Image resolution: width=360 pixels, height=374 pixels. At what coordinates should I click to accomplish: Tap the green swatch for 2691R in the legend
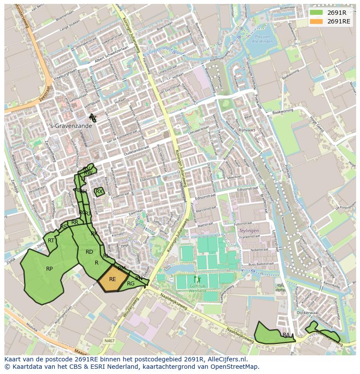[x=317, y=13]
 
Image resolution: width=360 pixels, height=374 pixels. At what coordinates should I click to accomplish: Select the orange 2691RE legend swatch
[x=317, y=21]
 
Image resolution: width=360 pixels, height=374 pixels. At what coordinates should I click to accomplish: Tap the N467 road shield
[x=110, y=341]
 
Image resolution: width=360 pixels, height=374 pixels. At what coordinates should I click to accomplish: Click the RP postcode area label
[x=50, y=269]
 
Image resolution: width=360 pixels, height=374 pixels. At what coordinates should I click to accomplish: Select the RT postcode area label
[x=51, y=241]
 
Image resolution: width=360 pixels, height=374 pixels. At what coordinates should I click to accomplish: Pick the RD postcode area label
[x=89, y=252]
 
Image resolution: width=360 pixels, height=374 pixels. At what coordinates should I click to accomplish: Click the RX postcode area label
[x=99, y=191]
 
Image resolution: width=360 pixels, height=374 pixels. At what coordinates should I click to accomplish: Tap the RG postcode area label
[x=130, y=284]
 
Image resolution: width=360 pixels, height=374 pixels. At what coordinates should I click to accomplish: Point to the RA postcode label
[x=286, y=335]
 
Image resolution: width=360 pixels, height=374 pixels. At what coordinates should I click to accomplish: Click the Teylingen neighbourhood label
[x=249, y=231]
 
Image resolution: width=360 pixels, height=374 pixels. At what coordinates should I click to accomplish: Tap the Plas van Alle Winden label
[x=265, y=39]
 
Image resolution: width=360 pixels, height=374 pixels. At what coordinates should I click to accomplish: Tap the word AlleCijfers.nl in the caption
[x=226, y=359]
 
